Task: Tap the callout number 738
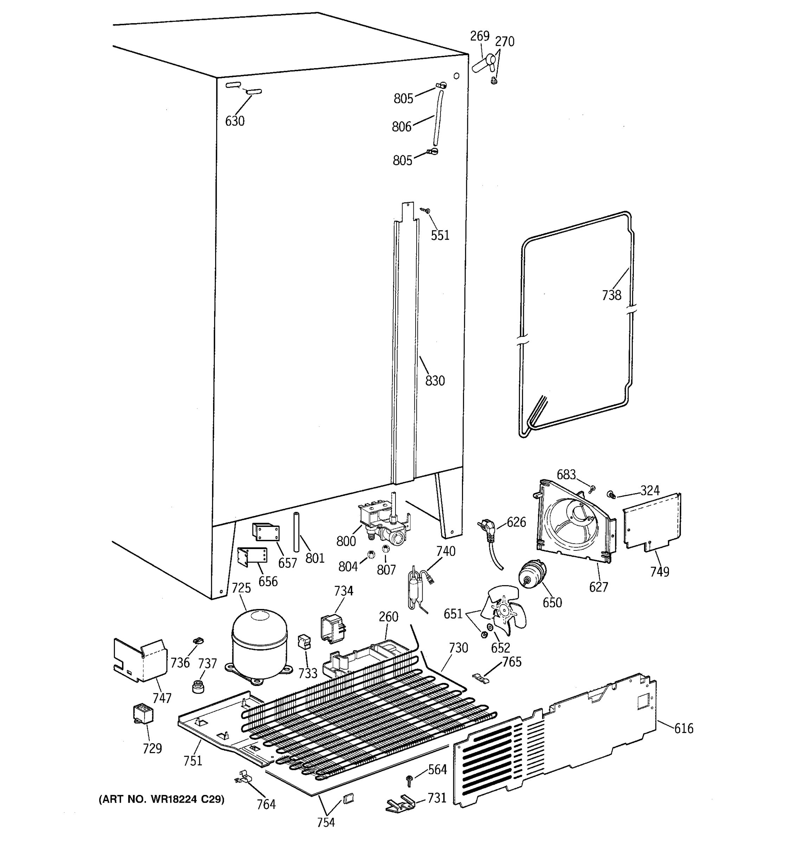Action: (x=611, y=295)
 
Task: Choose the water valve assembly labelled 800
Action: (x=384, y=524)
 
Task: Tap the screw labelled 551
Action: (x=426, y=210)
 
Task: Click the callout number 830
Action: (x=435, y=381)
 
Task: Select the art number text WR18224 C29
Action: (x=162, y=799)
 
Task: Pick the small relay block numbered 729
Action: (x=143, y=713)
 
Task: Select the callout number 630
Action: (x=235, y=121)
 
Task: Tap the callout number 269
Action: (x=480, y=36)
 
